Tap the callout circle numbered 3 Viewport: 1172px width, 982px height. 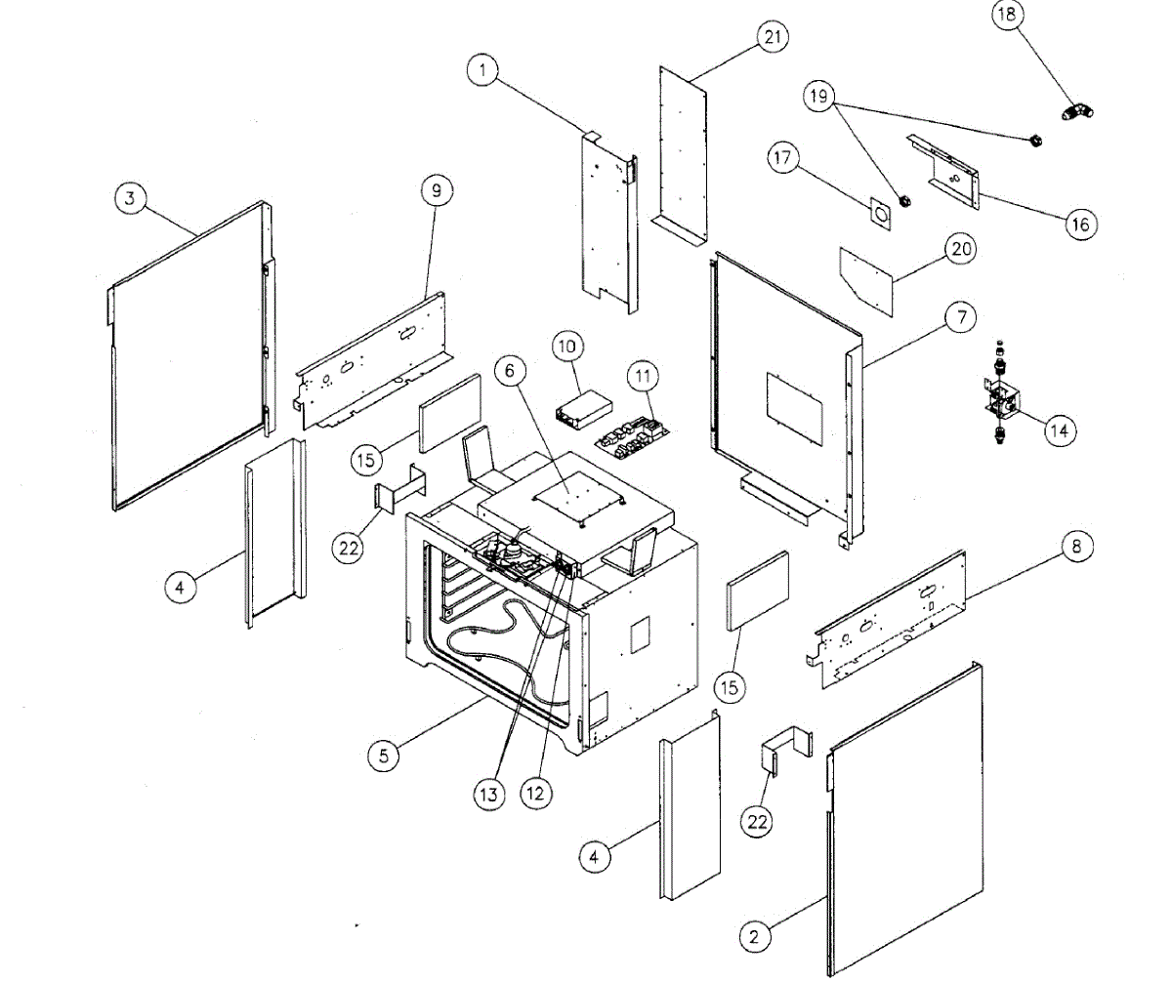tap(132, 198)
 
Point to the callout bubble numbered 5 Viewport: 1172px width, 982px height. tap(384, 755)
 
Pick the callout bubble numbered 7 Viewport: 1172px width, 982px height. tap(960, 317)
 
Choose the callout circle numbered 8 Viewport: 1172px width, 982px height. tap(1076, 548)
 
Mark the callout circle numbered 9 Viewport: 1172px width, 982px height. tap(437, 191)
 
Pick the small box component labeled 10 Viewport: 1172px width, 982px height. tap(579, 406)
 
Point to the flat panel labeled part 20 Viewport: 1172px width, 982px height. tap(866, 278)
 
